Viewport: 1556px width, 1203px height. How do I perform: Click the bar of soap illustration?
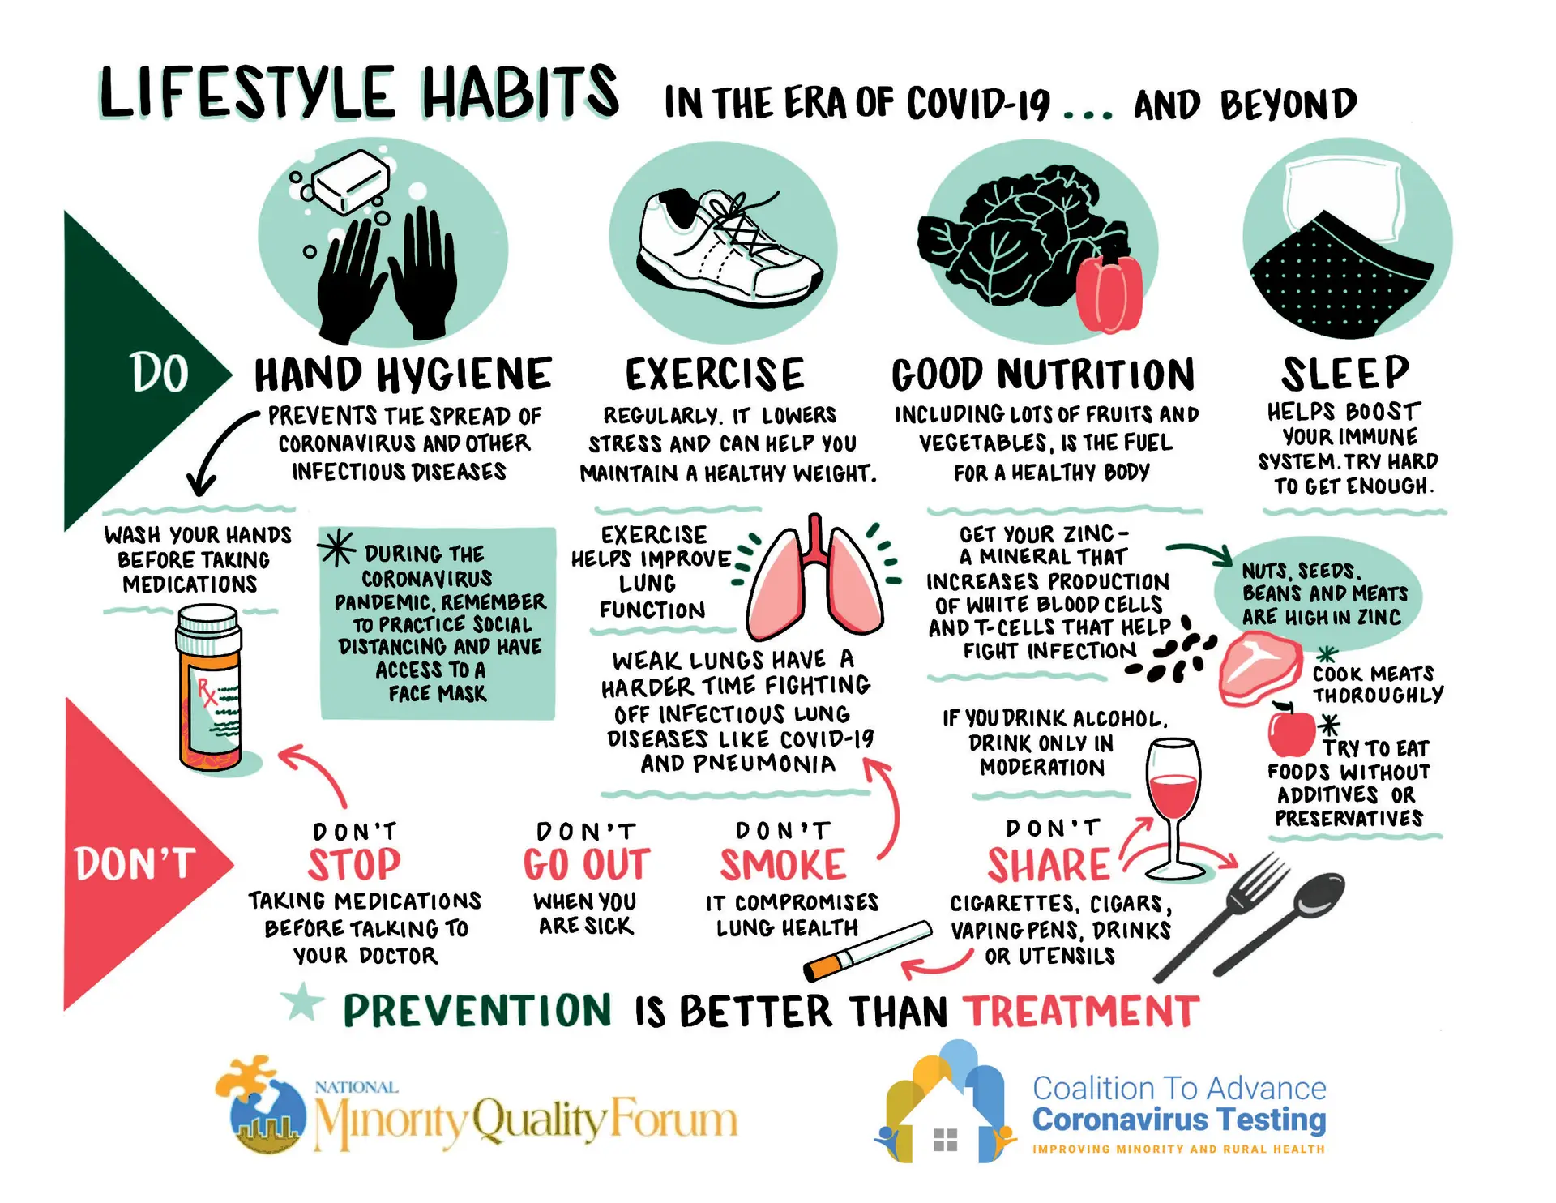tap(351, 183)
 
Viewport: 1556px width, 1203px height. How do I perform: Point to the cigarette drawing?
tap(867, 949)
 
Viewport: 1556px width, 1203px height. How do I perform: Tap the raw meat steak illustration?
tap(1259, 669)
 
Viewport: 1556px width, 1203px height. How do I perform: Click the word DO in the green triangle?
tap(160, 374)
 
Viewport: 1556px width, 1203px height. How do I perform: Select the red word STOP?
tap(354, 865)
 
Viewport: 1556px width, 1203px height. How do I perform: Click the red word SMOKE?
tap(783, 865)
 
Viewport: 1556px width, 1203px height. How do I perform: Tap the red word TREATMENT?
tap(1081, 1012)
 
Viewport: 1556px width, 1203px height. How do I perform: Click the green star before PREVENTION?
tap(303, 1002)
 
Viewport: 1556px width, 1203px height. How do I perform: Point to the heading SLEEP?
tap(1345, 374)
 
